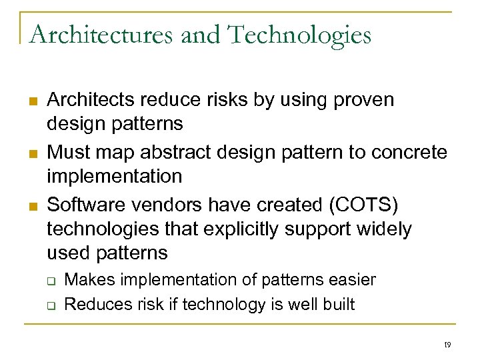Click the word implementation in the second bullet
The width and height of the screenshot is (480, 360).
click(114, 177)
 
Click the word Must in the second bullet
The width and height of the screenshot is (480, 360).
click(68, 153)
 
